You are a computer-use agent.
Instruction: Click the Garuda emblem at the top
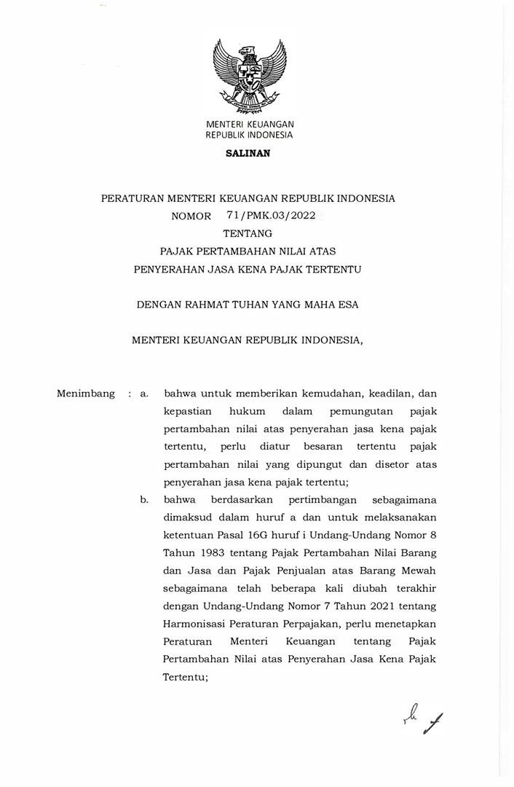tap(250, 76)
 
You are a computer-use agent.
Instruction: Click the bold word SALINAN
tap(248, 154)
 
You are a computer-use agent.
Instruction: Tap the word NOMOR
tap(191, 216)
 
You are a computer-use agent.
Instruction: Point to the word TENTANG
tap(248, 233)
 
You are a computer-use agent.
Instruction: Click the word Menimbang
tap(86, 393)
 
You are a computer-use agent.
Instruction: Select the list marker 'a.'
tap(145, 393)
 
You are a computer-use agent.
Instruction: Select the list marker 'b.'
tap(145, 500)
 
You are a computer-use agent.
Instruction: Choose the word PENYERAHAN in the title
tap(169, 269)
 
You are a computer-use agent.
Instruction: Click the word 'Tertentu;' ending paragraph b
tap(186, 676)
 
